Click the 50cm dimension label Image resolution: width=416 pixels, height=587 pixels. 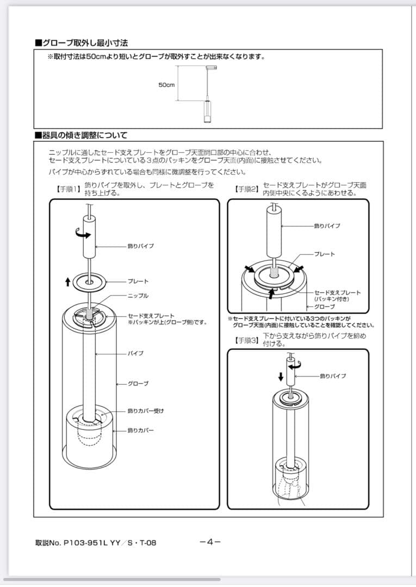coord(166,85)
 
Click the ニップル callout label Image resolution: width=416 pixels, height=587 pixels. coord(138,296)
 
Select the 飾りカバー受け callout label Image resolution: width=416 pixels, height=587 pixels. coord(145,411)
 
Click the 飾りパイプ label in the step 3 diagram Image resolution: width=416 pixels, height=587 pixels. coord(333,376)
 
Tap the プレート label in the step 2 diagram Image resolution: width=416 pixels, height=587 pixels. coord(325,254)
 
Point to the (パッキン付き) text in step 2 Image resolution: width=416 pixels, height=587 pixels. coord(331,299)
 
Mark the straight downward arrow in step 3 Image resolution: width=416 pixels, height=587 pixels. coord(281,377)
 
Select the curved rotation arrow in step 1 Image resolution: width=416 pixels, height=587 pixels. coord(83,234)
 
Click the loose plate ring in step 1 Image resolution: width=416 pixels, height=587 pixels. coord(89,281)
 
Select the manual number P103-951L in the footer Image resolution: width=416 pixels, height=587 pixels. coord(86,542)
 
